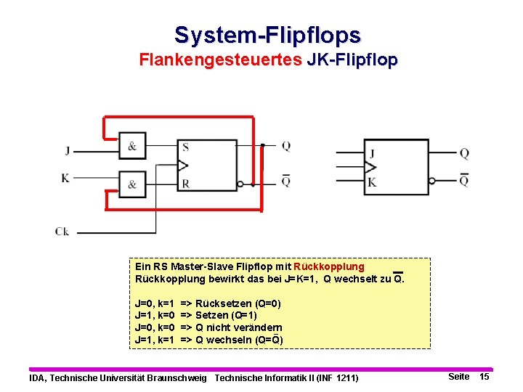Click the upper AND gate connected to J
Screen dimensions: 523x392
(132, 146)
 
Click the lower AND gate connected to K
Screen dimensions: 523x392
(132, 184)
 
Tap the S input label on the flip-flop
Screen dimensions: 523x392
(186, 147)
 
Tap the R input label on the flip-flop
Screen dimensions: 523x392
(186, 184)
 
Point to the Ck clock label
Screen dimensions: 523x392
(62, 232)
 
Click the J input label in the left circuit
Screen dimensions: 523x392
(68, 151)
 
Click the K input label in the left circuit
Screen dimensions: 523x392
(65, 178)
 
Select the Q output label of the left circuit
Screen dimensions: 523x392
(286, 146)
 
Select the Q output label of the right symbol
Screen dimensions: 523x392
(464, 154)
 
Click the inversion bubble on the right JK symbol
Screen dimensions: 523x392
(432, 181)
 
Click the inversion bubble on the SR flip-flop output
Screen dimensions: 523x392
(240, 184)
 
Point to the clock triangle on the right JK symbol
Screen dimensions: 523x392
(370, 167)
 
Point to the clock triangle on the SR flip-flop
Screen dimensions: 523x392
(183, 166)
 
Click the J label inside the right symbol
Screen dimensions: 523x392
(372, 154)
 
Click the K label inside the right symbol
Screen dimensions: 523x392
(372, 182)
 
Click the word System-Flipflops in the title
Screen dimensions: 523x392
(267, 36)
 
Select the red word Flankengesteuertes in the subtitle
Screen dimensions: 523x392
(221, 60)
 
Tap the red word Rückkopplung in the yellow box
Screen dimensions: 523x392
(329, 266)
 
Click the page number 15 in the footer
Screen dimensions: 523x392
(485, 377)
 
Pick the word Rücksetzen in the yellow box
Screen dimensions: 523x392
(224, 303)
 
